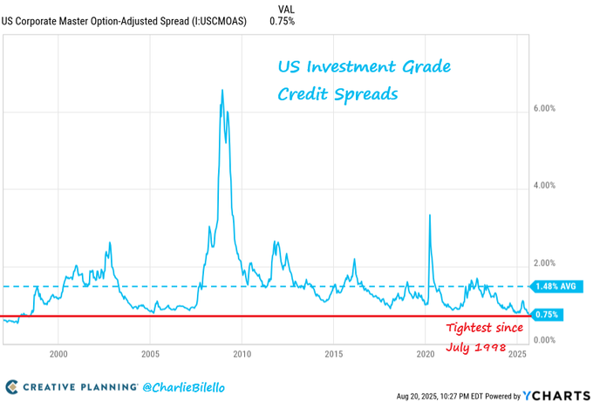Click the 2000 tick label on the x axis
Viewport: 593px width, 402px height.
click(x=58, y=354)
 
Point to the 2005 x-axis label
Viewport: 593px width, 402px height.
click(x=150, y=354)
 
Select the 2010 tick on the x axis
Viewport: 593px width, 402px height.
click(x=242, y=354)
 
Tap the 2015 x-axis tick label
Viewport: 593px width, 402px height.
click(x=334, y=354)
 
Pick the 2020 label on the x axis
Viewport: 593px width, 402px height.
click(x=426, y=354)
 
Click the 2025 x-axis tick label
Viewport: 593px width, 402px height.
click(x=517, y=354)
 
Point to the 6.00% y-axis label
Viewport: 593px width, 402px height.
click(x=544, y=109)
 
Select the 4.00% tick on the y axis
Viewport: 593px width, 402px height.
click(x=544, y=186)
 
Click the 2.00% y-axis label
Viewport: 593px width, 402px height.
click(x=544, y=262)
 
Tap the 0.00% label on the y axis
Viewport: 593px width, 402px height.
click(x=544, y=339)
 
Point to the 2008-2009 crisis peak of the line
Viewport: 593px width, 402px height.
click(x=222, y=91)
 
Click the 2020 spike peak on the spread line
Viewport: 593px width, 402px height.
click(x=430, y=215)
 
